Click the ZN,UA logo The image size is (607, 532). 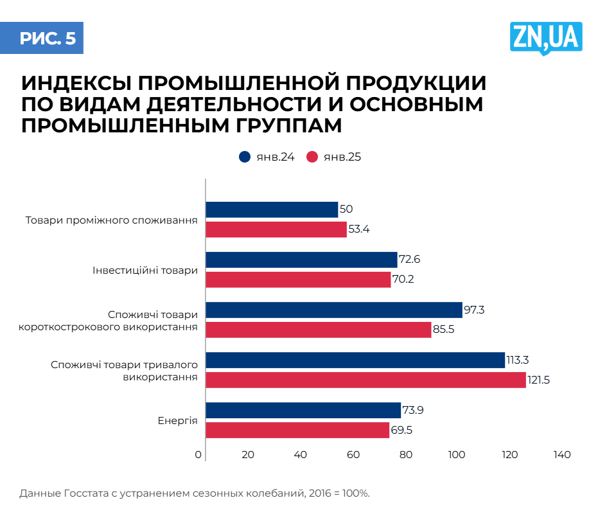click(545, 37)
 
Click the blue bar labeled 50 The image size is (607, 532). click(272, 209)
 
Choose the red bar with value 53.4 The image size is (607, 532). click(276, 229)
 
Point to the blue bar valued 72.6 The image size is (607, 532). click(301, 260)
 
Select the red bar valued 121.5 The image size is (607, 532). click(365, 380)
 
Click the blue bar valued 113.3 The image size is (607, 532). click(355, 360)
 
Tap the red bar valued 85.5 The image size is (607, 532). click(319, 330)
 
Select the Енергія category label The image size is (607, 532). click(178, 421)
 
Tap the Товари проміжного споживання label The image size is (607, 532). click(111, 220)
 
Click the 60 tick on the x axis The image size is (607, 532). click(353, 455)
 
